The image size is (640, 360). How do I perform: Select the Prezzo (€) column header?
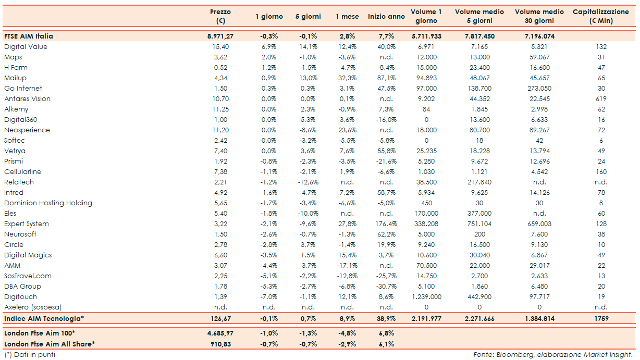coord(220,16)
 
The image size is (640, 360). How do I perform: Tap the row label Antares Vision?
coord(27,99)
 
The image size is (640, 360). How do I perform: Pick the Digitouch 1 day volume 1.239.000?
coord(426,297)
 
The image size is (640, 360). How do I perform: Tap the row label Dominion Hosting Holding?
coord(48,203)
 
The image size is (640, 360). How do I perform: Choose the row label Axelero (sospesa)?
coord(32,307)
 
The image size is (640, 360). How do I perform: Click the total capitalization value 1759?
coord(601,318)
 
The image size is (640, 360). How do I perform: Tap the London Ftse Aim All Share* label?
coord(49,344)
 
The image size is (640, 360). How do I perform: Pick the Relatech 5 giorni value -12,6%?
coord(308,182)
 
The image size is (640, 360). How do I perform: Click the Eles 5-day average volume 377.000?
coord(479,214)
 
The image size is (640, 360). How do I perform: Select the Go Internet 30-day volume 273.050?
coord(539,89)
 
